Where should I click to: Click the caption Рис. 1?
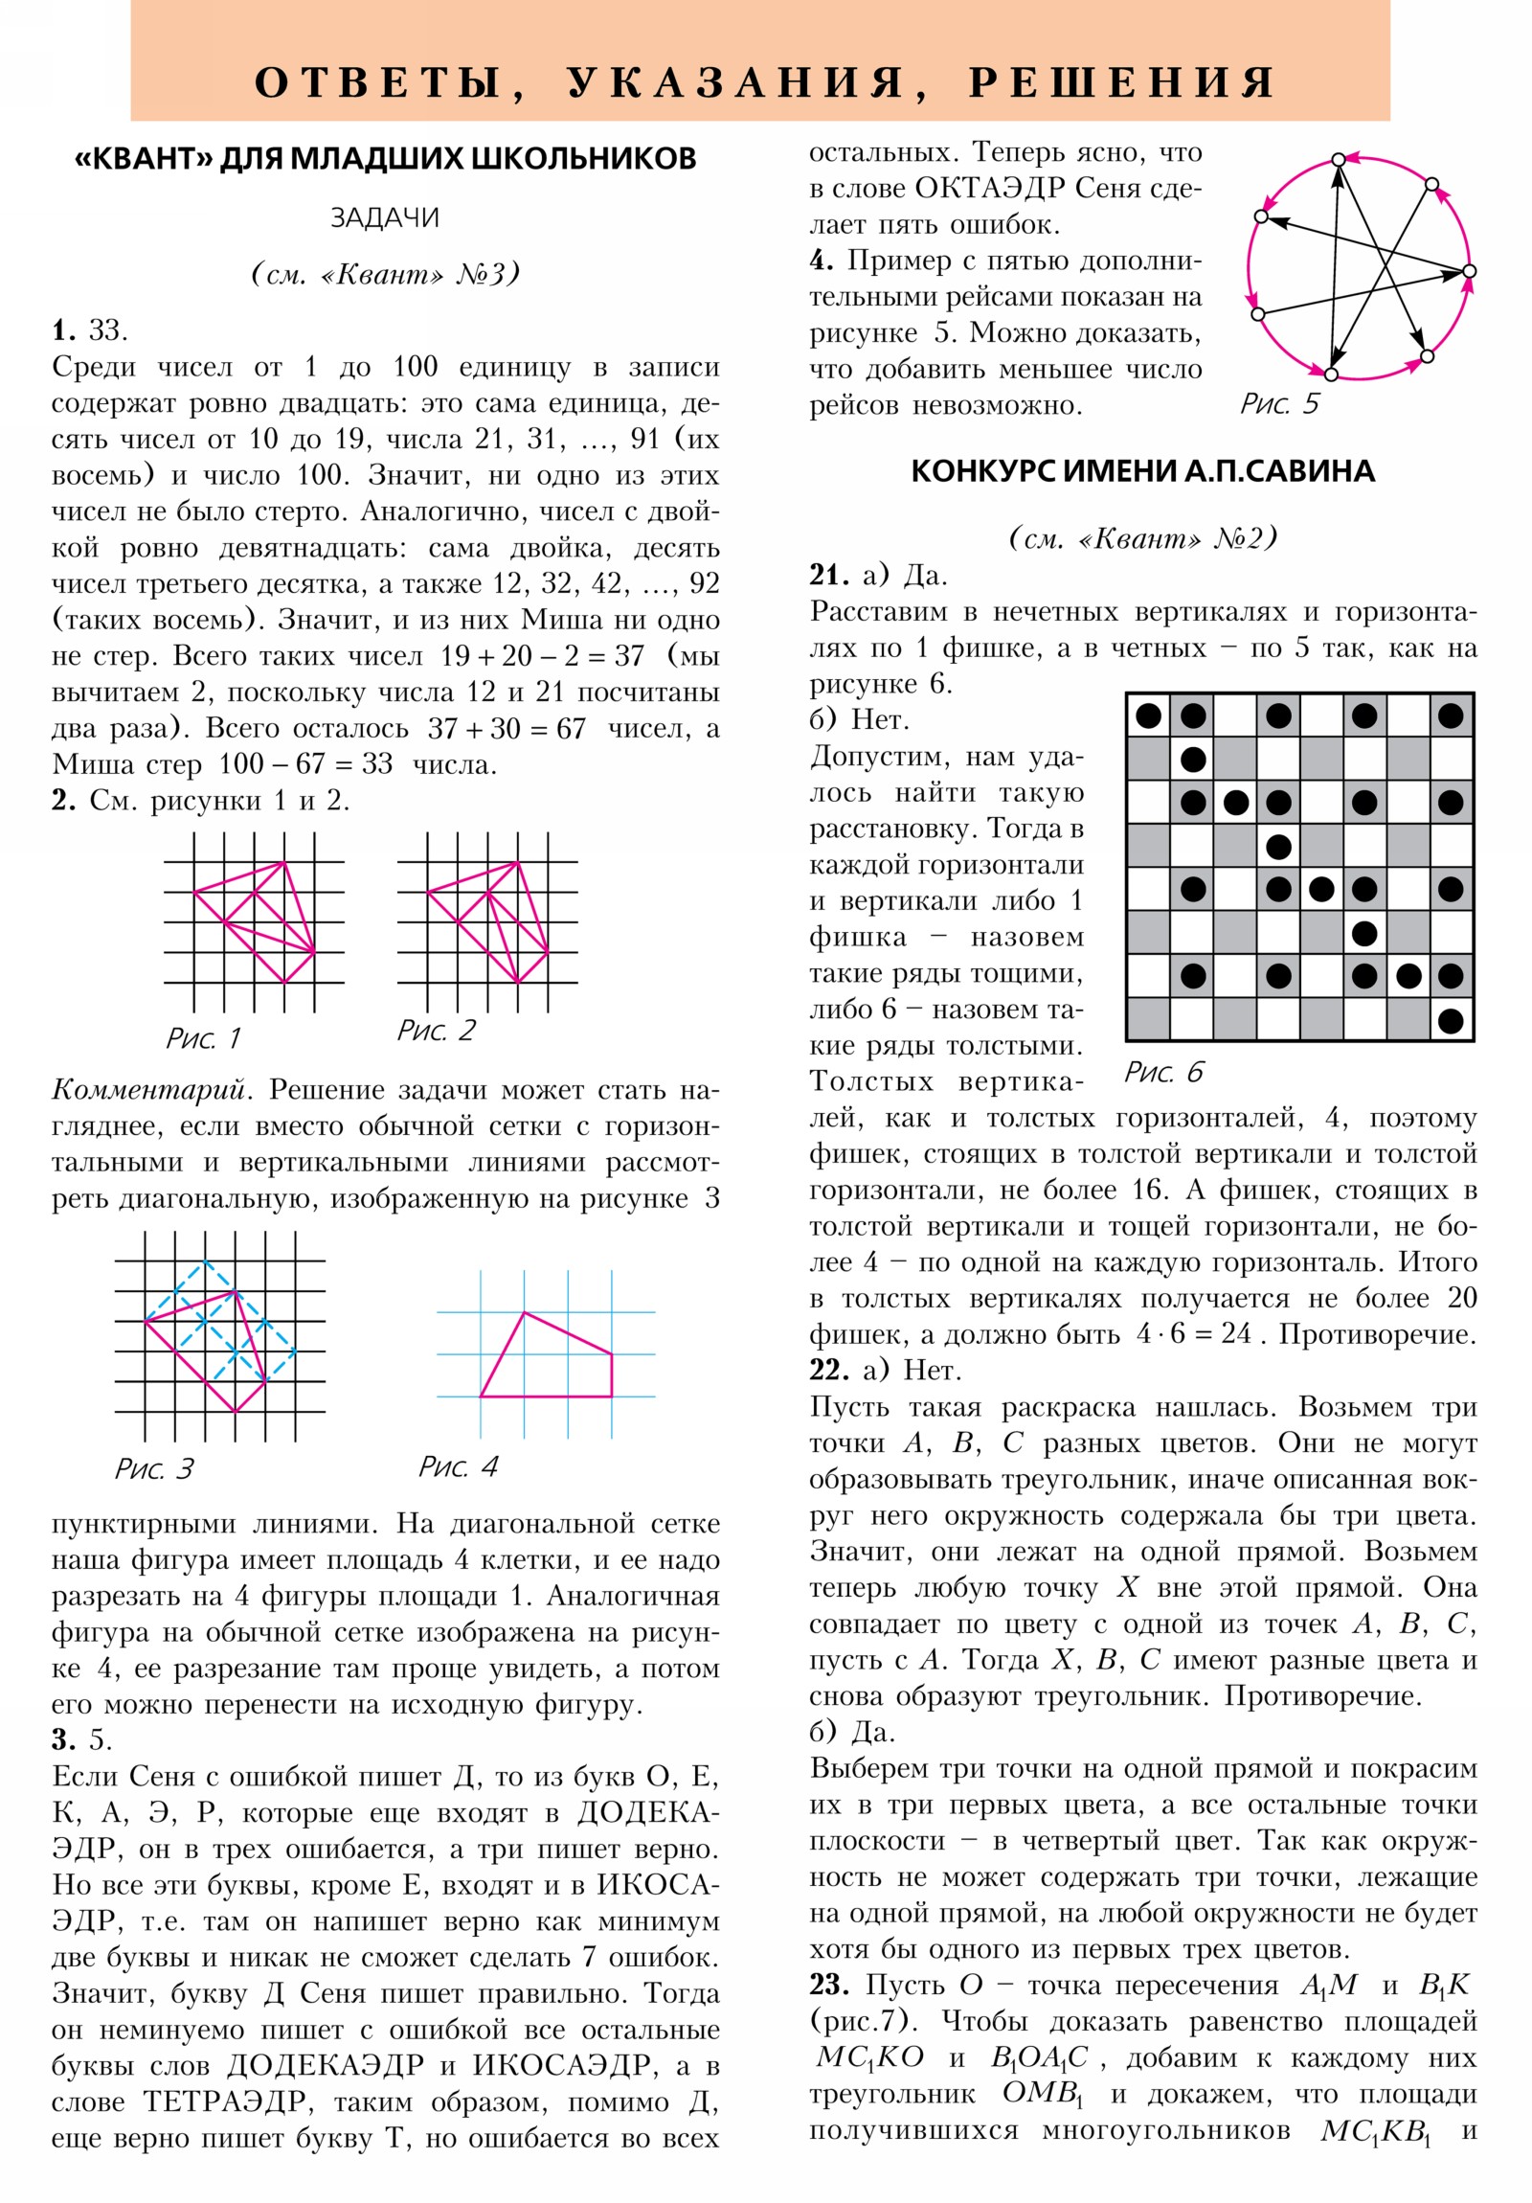tap(202, 1038)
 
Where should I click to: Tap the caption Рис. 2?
tap(436, 1031)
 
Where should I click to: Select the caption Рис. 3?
tap(153, 1469)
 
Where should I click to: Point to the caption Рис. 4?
tap(458, 1466)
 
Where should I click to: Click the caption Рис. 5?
tap(1279, 404)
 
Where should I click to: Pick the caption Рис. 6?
tap(1162, 1072)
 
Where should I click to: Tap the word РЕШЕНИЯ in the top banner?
tap(1121, 83)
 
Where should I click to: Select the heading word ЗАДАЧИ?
tap(385, 218)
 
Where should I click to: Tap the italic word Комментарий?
tap(152, 1090)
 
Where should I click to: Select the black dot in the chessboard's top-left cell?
tap(1148, 715)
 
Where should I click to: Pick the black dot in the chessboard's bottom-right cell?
tap(1451, 1021)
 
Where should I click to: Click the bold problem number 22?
tap(829, 1370)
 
